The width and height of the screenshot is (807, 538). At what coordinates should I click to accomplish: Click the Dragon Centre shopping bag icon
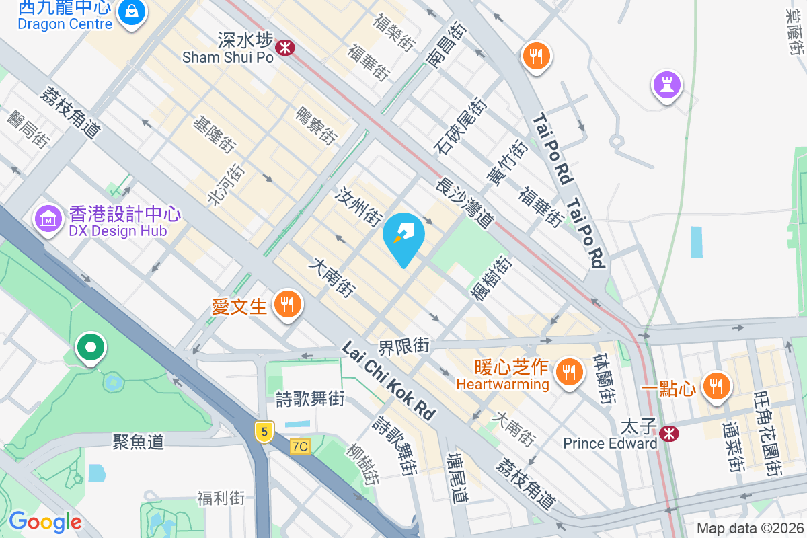[x=132, y=13]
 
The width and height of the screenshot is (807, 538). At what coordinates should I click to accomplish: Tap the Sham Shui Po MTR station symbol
[x=285, y=47]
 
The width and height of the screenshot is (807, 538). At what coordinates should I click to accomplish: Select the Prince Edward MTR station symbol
[x=668, y=433]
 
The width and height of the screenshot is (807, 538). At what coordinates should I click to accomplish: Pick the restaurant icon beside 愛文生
[x=287, y=305]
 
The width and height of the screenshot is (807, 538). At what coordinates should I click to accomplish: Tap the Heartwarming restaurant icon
[x=569, y=371]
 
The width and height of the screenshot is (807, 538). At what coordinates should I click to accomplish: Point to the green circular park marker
[x=91, y=348]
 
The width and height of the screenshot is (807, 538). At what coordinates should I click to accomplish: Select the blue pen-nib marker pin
[x=403, y=237]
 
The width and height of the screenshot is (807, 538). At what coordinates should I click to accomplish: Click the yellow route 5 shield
[x=263, y=432]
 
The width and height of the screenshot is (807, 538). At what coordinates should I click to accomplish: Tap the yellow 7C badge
[x=300, y=446]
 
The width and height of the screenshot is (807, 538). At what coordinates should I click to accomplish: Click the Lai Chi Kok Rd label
[x=388, y=380]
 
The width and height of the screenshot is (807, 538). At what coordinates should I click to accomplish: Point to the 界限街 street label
[x=403, y=347]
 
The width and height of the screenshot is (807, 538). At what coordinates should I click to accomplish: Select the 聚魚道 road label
[x=138, y=442]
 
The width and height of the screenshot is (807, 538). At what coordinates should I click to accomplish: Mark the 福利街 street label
[x=221, y=498]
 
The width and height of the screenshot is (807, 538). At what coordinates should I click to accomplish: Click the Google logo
[x=45, y=521]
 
